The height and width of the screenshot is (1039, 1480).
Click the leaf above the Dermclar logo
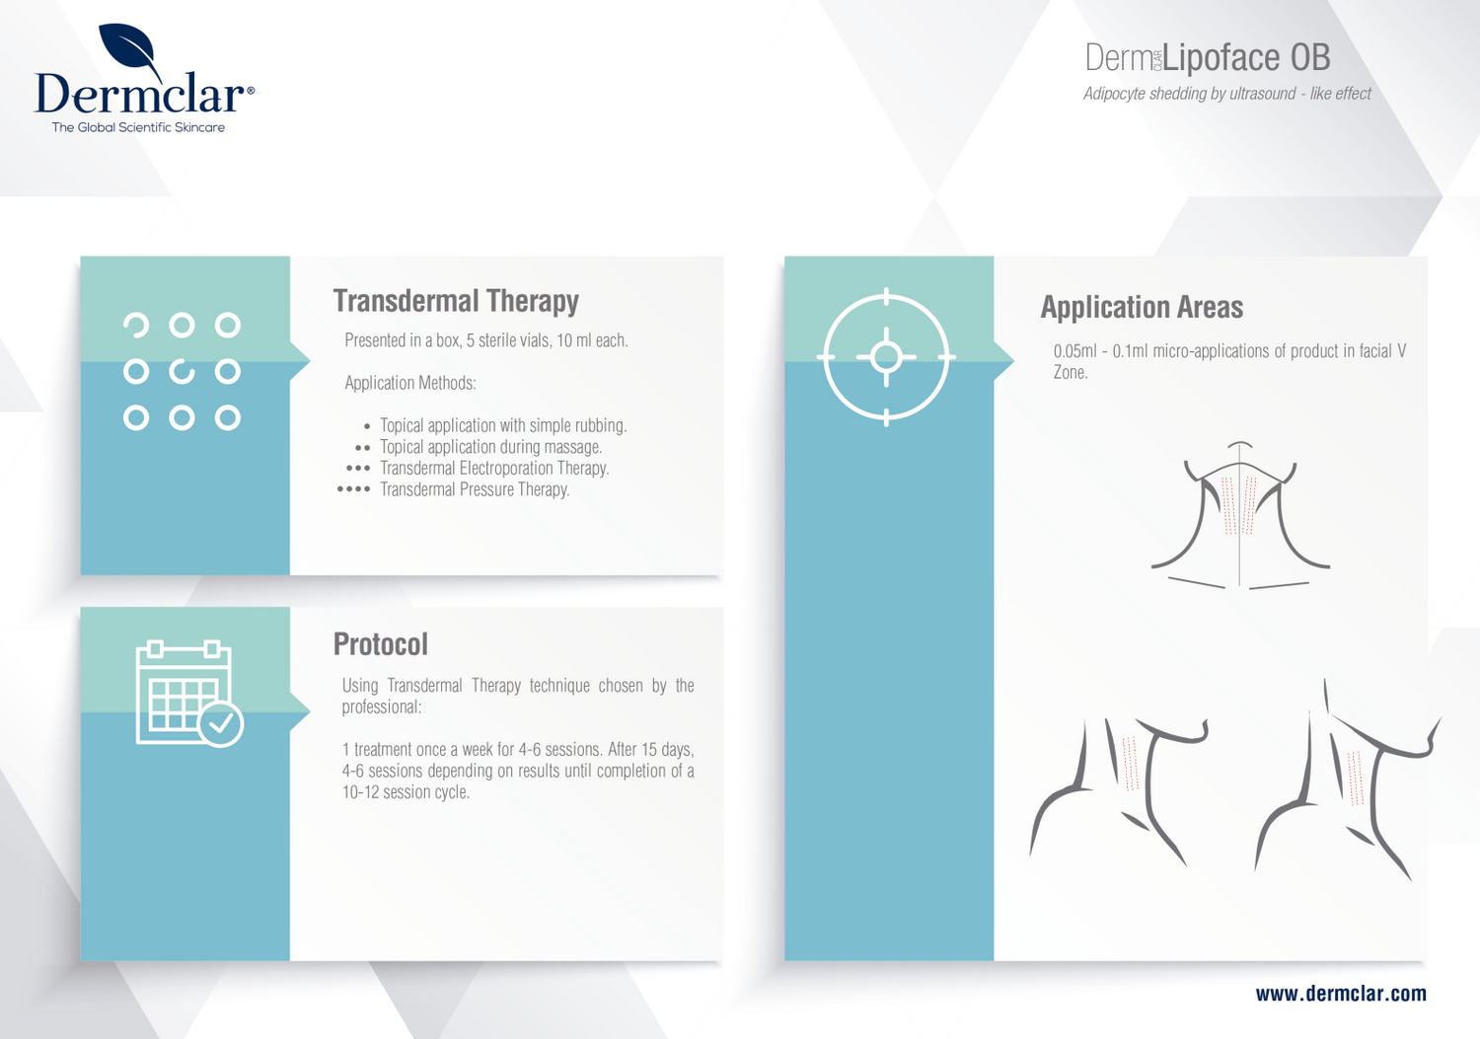point(129,47)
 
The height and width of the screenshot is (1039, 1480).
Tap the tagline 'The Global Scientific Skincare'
point(138,127)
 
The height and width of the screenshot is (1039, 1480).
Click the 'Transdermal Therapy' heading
point(456,301)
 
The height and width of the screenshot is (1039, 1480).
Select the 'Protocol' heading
point(381,644)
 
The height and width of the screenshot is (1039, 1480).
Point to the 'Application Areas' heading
point(1142,307)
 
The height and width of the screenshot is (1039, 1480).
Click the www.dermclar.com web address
point(1341,994)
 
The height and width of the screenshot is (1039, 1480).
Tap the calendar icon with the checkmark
point(189,694)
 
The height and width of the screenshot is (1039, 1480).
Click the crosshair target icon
point(886,357)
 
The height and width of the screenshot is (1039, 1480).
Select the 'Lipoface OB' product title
point(1246,57)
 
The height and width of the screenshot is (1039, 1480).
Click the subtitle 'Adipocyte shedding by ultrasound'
point(1189,94)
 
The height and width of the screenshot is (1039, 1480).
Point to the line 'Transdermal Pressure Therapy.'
point(475,489)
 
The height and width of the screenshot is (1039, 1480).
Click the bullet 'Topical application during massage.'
point(491,447)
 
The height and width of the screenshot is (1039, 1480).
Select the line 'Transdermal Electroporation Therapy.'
point(494,469)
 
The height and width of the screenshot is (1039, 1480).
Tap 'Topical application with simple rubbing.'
point(503,425)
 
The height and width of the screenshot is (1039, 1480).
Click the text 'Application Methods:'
point(410,384)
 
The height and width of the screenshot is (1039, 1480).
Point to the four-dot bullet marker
point(353,489)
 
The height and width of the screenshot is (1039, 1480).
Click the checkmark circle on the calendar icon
point(221,725)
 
